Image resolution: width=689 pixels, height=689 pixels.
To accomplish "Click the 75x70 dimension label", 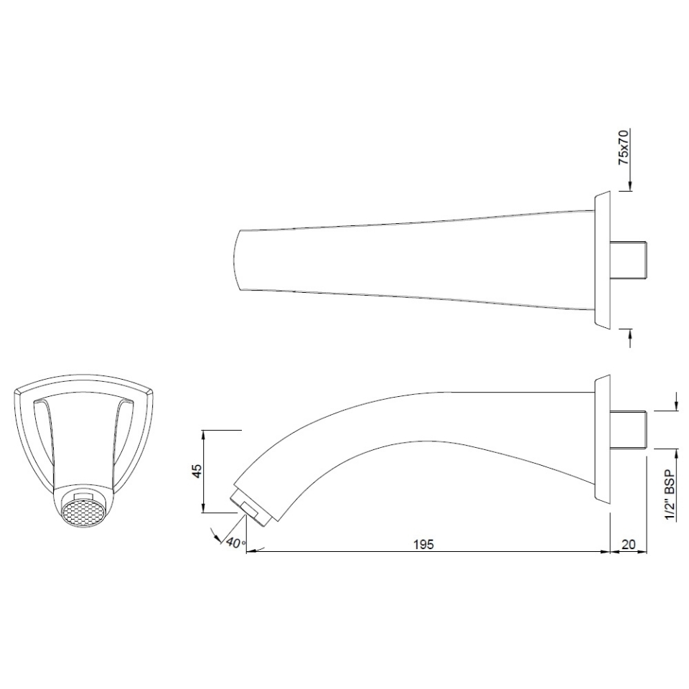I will (624, 148).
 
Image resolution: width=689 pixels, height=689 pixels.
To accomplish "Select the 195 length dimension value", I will (423, 544).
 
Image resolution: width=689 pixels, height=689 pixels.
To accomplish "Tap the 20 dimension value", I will (628, 544).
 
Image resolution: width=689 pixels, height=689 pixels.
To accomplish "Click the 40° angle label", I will (235, 543).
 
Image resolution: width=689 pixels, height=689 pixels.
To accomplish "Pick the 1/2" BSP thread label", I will (671, 496).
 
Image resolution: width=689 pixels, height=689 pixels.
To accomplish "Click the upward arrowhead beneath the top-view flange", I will (629, 332).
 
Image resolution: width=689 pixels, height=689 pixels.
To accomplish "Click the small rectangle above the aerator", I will (84, 496).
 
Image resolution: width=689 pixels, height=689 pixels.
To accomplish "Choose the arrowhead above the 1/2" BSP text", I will (676, 453).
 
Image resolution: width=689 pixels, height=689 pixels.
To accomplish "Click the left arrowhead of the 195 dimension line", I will (250, 552).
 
